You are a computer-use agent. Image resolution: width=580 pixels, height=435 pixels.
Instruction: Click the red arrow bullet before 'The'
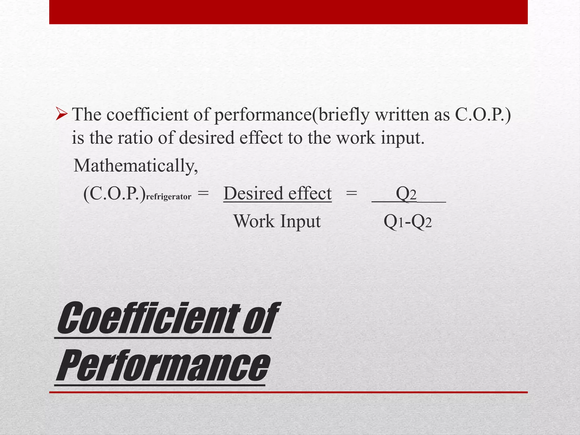click(61, 115)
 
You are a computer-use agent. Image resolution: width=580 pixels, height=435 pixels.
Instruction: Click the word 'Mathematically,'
click(136, 166)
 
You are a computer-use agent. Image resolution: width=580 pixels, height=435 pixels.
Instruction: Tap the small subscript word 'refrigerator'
click(169, 197)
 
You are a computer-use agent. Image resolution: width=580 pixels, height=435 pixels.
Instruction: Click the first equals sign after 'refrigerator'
click(203, 194)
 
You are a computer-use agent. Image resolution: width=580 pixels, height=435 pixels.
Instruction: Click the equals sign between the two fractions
click(351, 194)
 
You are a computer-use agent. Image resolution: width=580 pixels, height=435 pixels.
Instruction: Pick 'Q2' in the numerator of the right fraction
click(406, 194)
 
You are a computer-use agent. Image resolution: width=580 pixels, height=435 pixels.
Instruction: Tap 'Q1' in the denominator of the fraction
click(393, 222)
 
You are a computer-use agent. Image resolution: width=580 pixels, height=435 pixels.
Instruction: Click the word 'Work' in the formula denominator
click(254, 221)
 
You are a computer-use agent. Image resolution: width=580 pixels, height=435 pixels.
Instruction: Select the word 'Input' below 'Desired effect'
click(300, 222)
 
